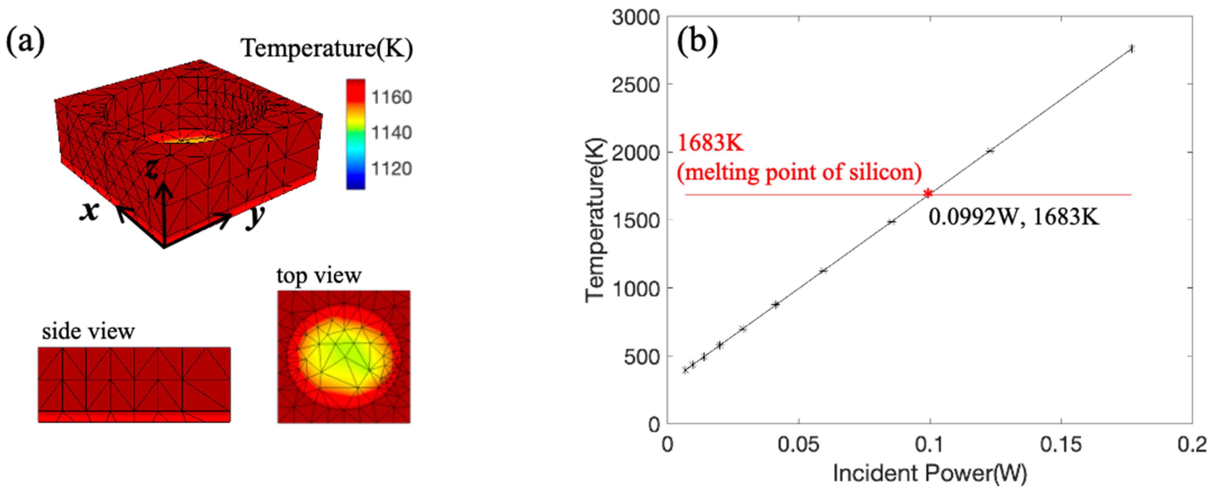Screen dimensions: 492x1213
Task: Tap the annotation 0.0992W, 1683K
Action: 1013,218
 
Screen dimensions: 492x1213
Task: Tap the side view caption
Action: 88,331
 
